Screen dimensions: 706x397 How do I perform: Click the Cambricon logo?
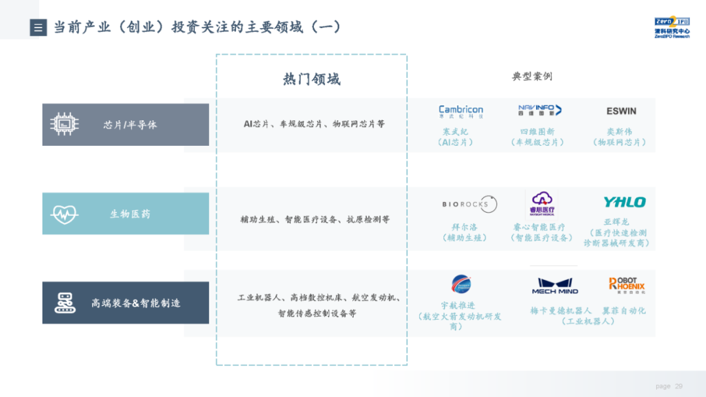point(461,111)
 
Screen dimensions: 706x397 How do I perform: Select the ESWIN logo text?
point(621,111)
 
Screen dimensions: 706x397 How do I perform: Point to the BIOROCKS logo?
point(469,204)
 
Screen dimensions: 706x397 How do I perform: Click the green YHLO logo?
point(624,202)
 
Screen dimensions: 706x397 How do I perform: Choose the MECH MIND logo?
point(554,286)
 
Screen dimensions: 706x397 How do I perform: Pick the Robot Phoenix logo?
point(626,285)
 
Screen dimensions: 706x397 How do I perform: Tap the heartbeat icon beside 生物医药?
point(65,214)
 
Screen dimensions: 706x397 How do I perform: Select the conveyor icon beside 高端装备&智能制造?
point(65,303)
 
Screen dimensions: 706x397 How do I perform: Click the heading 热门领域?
point(311,79)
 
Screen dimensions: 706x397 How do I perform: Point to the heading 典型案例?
point(531,77)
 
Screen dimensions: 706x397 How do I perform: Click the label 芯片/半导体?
point(130,125)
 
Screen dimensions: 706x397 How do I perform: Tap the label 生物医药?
point(130,214)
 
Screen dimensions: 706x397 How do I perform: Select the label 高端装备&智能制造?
point(135,303)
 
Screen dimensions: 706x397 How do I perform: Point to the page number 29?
point(679,387)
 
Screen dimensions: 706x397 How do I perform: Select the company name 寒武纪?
point(455,131)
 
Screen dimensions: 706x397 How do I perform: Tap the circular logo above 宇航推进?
point(461,284)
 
